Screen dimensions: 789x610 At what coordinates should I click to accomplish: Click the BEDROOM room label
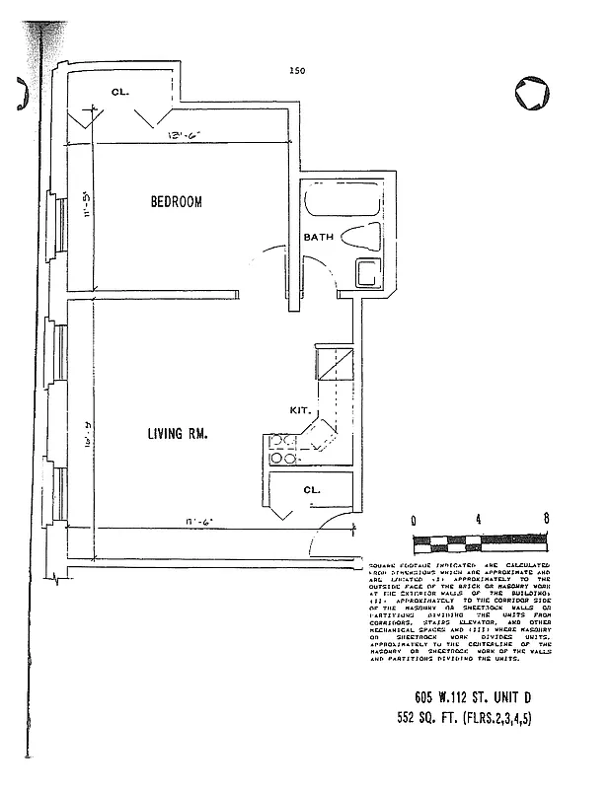pos(176,202)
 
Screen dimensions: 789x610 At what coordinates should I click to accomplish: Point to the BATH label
pos(319,238)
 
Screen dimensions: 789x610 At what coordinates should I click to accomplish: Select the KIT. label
pos(301,408)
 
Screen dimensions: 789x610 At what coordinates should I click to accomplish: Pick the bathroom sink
pos(370,271)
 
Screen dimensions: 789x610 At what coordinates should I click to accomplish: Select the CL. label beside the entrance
pos(312,489)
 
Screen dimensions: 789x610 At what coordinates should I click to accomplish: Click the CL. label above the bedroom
pos(120,93)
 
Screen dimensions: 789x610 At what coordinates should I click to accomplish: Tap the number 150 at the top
pos(296,70)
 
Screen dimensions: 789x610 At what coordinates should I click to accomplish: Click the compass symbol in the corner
pos(532,93)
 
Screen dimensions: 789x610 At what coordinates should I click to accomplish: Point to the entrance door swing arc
pos(318,541)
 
